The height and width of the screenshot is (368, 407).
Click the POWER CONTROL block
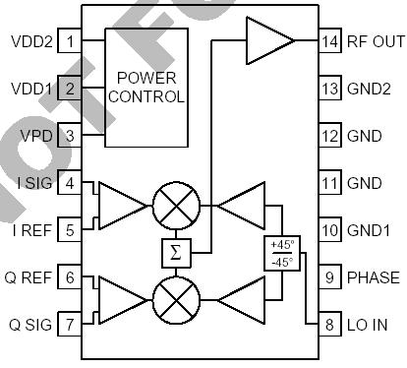[147, 88]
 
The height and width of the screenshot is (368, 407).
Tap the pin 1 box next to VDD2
[70, 41]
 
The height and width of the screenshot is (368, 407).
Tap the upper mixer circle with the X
[176, 205]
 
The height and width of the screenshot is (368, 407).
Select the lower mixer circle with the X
[176, 298]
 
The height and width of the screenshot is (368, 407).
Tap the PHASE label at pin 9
[373, 277]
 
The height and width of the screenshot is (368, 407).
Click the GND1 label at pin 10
[369, 230]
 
